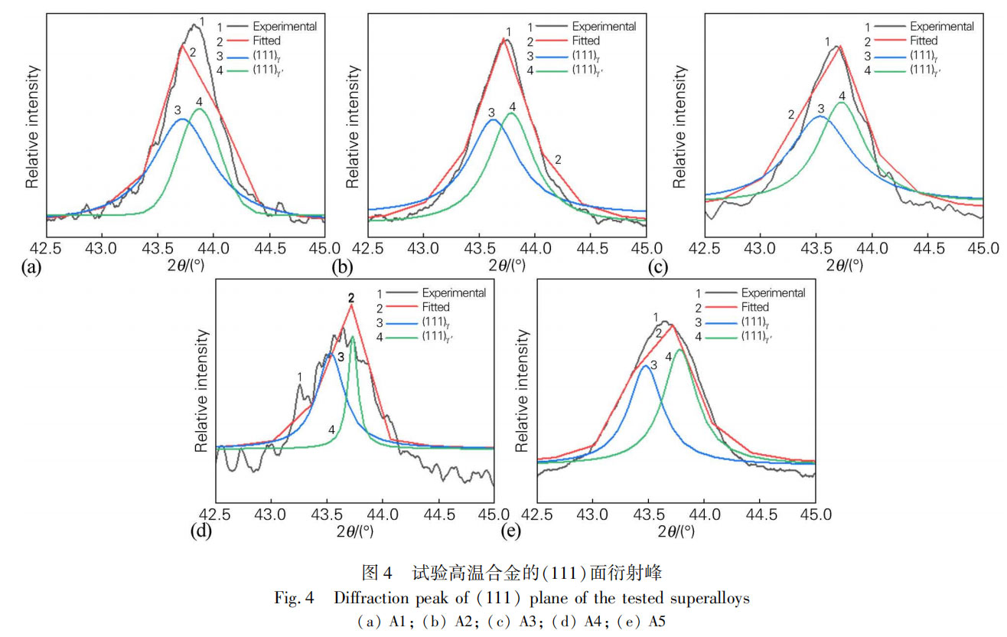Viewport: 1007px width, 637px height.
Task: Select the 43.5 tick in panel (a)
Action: (157, 248)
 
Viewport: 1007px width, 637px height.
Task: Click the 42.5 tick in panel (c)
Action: (705, 248)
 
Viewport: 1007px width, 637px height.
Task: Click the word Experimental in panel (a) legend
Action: (285, 26)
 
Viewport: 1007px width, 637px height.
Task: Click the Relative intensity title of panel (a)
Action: (32, 126)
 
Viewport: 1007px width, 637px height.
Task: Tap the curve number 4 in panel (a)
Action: (200, 102)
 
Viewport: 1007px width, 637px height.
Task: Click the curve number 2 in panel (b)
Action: (559, 160)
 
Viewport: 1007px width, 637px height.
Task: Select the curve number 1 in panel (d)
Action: (300, 376)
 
